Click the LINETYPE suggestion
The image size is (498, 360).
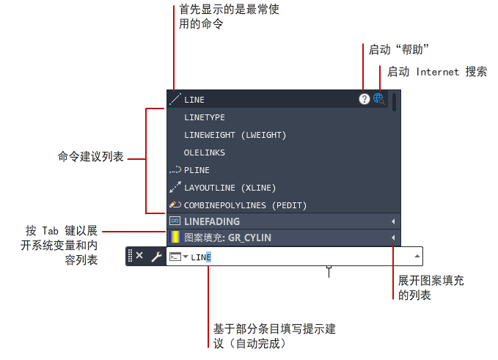(x=204, y=117)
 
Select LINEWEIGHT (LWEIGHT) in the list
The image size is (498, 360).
(x=235, y=135)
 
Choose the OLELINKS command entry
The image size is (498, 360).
(x=204, y=153)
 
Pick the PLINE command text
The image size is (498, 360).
(x=197, y=171)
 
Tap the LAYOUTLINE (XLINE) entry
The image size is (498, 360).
(x=230, y=188)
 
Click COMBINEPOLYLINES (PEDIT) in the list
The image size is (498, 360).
(x=245, y=206)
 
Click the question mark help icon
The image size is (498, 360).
(x=365, y=99)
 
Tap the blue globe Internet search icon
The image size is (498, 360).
(x=379, y=99)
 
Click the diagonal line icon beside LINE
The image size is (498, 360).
(x=175, y=99)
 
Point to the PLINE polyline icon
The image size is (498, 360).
(x=175, y=170)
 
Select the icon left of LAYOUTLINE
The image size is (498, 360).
(x=175, y=187)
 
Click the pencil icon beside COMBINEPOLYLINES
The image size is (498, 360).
(x=175, y=205)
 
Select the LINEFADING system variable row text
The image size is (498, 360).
(x=212, y=221)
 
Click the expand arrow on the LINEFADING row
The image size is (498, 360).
(x=393, y=221)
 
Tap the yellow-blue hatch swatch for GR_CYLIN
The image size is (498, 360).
(x=175, y=238)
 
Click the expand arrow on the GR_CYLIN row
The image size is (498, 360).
(x=393, y=238)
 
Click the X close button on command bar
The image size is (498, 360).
(x=139, y=256)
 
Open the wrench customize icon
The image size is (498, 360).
(x=156, y=257)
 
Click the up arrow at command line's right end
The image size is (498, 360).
(x=417, y=256)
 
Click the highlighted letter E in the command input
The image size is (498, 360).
(x=208, y=257)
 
